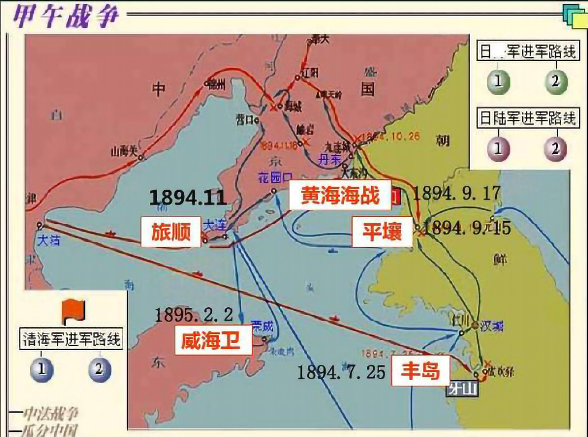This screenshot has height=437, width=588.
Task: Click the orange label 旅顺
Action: pyautogui.click(x=170, y=232)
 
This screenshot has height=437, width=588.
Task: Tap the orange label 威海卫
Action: pyautogui.click(x=210, y=341)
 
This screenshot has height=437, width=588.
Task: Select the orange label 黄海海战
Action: pyautogui.click(x=340, y=195)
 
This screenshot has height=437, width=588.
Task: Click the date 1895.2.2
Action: pyautogui.click(x=194, y=315)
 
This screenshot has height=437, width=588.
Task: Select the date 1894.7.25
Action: pyautogui.click(x=341, y=372)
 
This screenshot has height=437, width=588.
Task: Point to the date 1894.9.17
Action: pyautogui.click(x=456, y=193)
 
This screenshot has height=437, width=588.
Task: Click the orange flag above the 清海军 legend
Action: pyautogui.click(x=73, y=311)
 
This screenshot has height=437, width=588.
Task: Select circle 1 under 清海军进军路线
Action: pyautogui.click(x=42, y=369)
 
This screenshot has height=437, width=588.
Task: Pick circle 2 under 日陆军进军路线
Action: pyautogui.click(x=555, y=148)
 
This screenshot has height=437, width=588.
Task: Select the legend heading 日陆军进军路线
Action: pyautogui.click(x=527, y=118)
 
